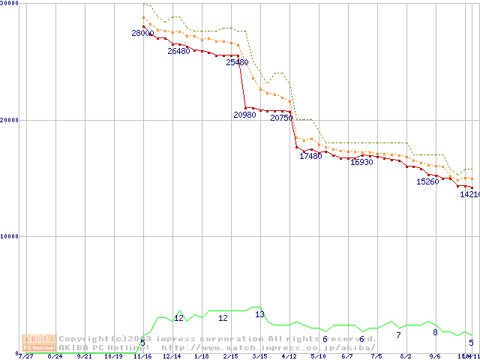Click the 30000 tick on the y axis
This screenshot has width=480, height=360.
pyautogui.click(x=10, y=4)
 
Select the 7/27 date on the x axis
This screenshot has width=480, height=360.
pyautogui.click(x=26, y=356)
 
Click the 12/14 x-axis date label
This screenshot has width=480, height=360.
pyautogui.click(x=172, y=356)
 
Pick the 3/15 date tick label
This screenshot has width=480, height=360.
pyautogui.click(x=259, y=356)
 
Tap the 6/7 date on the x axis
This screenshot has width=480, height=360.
pyautogui.click(x=346, y=356)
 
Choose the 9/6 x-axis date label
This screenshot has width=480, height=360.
pyautogui.click(x=434, y=356)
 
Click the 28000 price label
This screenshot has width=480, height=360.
pyautogui.click(x=142, y=34)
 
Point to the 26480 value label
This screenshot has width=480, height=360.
pyautogui.click(x=178, y=51)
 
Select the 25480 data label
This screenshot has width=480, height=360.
pyautogui.click(x=237, y=62)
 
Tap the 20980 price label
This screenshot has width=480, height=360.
pyautogui.click(x=244, y=115)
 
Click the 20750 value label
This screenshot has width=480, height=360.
pyautogui.click(x=281, y=118)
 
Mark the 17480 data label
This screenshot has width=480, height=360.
pyautogui.click(x=310, y=156)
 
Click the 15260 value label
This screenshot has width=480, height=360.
pyautogui.click(x=427, y=181)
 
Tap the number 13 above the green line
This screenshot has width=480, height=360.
pyautogui.click(x=259, y=314)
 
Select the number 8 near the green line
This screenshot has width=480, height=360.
pyautogui.click(x=435, y=332)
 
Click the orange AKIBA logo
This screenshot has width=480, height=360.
pyautogui.click(x=40, y=343)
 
